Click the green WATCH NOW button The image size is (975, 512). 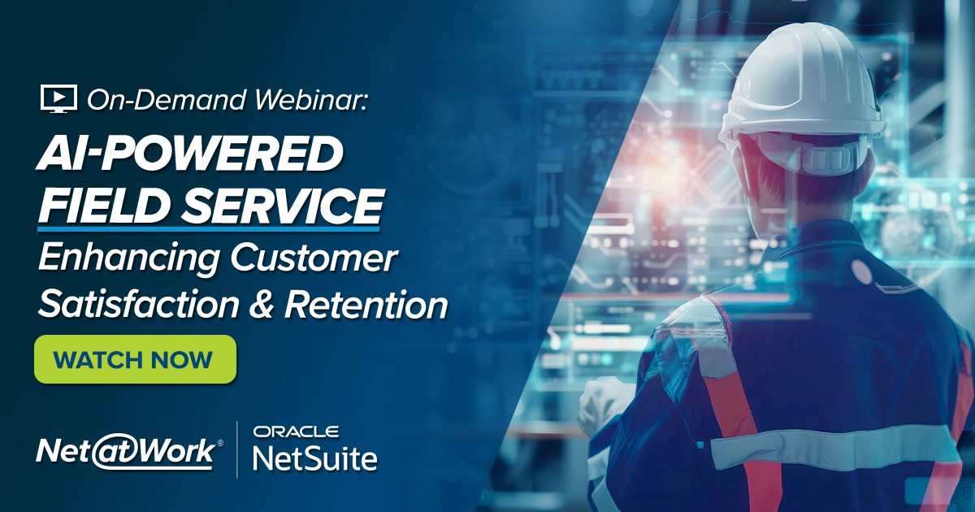(x=136, y=359)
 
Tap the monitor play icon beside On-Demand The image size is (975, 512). (x=58, y=99)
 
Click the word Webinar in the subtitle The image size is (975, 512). (x=310, y=100)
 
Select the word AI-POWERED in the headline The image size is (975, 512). (x=190, y=154)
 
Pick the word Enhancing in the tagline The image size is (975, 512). (x=129, y=258)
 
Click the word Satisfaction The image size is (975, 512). (x=138, y=304)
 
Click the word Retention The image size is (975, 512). (x=366, y=305)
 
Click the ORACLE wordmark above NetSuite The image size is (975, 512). (x=296, y=432)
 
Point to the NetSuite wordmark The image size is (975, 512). (x=315, y=458)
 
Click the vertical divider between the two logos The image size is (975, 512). (x=237, y=449)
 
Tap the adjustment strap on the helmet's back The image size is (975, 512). (x=826, y=159)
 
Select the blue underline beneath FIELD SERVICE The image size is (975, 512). (x=209, y=228)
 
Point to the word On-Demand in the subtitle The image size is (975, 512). (x=167, y=100)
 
